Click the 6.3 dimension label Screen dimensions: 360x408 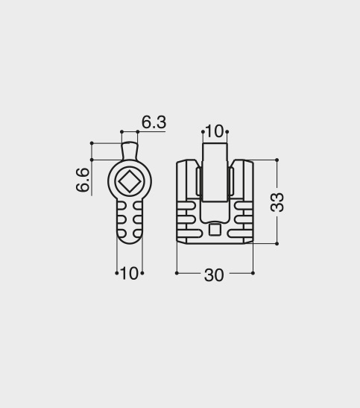[154, 122]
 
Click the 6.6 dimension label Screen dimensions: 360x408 [83, 180]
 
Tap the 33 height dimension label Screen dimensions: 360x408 [277, 202]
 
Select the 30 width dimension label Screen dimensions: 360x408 [214, 275]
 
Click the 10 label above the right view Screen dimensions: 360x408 [215, 131]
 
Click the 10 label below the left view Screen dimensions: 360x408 [129, 273]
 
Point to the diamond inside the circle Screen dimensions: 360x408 [129, 181]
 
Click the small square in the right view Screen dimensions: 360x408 [215, 229]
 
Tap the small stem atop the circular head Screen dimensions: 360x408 [130, 151]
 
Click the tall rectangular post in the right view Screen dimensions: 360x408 [215, 172]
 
